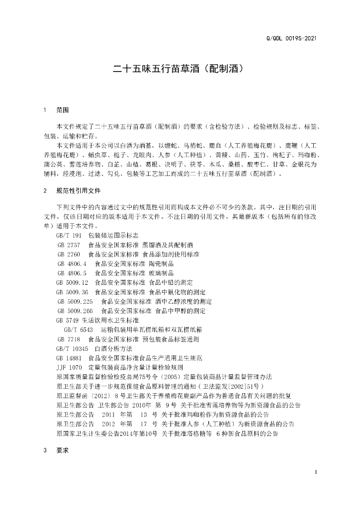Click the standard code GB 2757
(x=69, y=246)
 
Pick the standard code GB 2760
(x=69, y=254)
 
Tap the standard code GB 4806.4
(x=73, y=263)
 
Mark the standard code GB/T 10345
(x=73, y=348)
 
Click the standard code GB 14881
(x=69, y=358)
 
